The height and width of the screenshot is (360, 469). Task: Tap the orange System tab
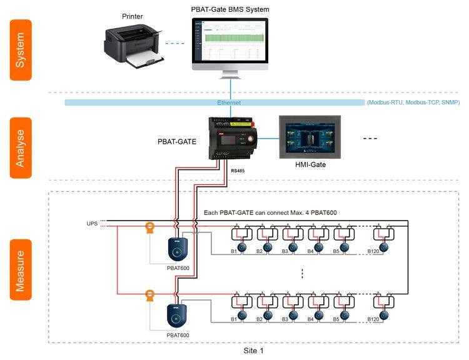pos(21,49)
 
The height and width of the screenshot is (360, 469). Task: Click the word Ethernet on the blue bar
pos(229,102)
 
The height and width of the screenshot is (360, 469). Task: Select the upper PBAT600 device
pos(178,249)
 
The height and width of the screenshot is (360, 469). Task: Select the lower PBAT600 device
pos(178,315)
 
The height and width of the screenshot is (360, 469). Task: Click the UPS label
pos(92,223)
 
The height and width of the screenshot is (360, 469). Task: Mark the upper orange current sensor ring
pos(149,229)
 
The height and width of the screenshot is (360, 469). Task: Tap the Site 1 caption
pos(253,351)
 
